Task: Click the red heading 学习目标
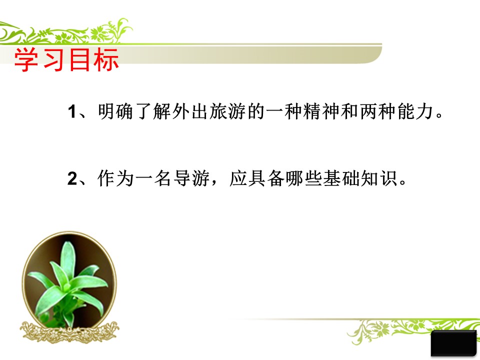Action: click(x=66, y=60)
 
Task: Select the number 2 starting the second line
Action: click(x=71, y=179)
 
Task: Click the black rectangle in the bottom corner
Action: click(x=453, y=344)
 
